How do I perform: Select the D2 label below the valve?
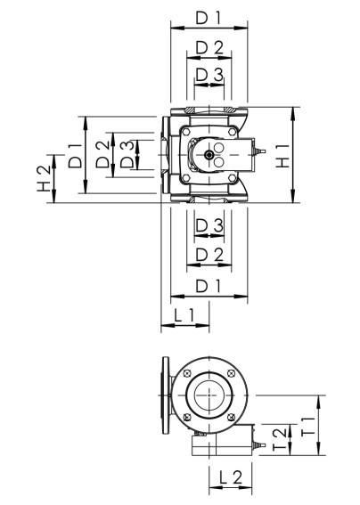pos(208,255)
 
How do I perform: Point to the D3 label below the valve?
pos(209,225)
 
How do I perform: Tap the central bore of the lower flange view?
pos(207,393)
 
